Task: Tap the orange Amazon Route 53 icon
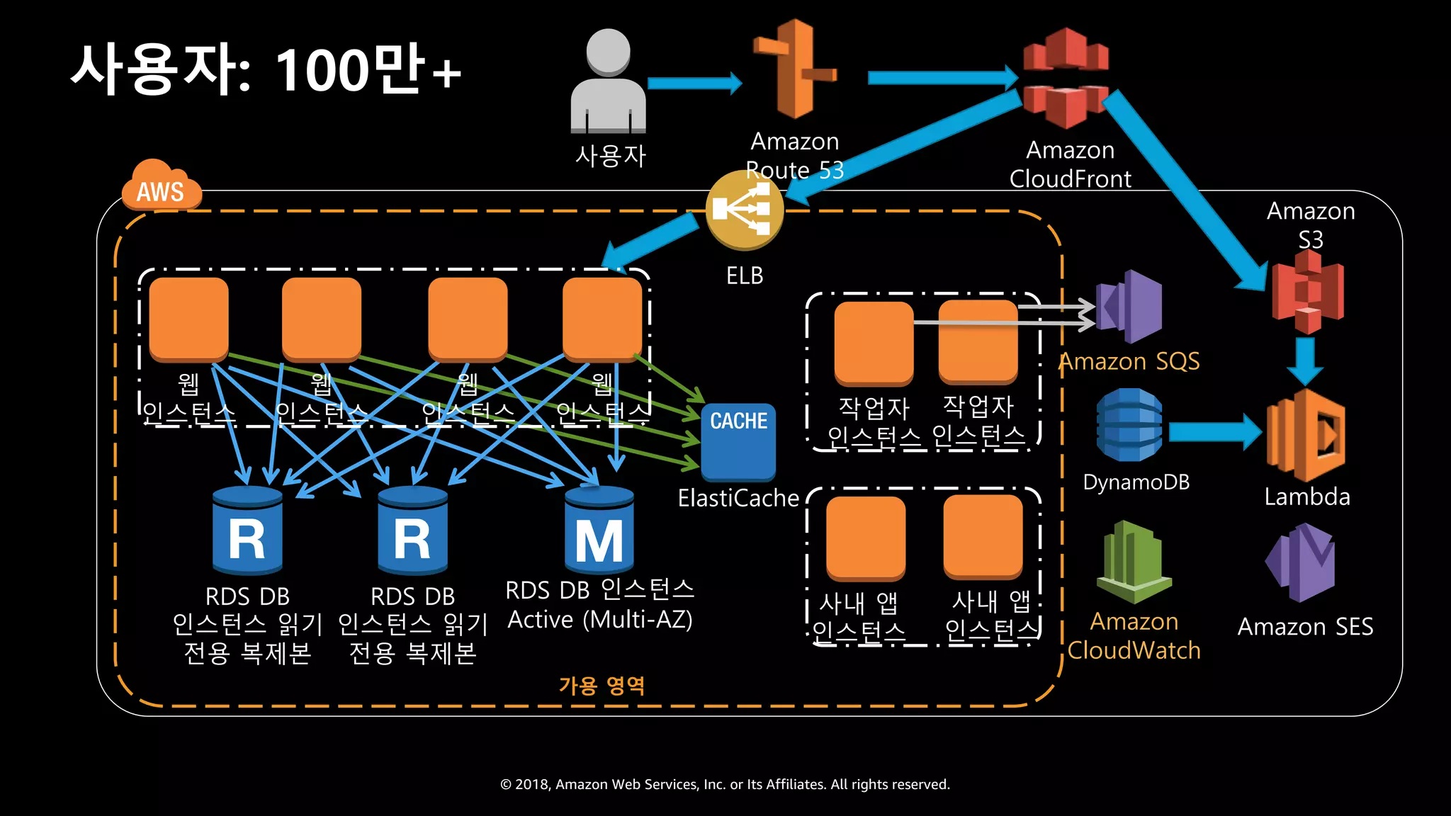(795, 69)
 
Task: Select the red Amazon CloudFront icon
(1066, 78)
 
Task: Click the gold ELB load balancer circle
(744, 210)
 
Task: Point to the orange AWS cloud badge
(160, 188)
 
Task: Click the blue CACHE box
(738, 441)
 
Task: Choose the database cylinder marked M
(599, 531)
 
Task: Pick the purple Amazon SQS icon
(1129, 306)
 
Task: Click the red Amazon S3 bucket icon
(1308, 292)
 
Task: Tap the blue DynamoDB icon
(1129, 425)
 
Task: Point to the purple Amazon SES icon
(1301, 562)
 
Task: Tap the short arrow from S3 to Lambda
(1304, 361)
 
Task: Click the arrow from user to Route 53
(694, 83)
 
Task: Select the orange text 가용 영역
(602, 686)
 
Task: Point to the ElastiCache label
(738, 498)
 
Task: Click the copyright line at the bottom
(725, 784)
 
